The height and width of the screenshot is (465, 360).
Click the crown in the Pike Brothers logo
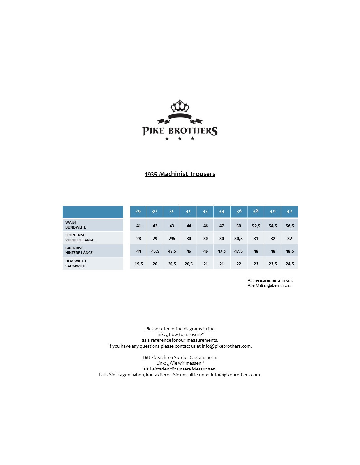click(180, 106)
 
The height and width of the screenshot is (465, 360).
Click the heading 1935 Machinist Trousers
click(180, 174)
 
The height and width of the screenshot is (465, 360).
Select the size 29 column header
click(138, 211)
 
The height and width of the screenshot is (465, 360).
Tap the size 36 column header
click(239, 211)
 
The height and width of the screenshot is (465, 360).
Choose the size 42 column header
click(289, 211)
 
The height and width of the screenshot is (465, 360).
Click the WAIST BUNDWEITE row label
click(76, 225)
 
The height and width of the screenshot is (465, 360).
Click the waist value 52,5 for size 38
click(256, 226)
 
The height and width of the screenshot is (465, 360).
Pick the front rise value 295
click(172, 239)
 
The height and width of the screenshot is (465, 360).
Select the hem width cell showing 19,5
click(139, 264)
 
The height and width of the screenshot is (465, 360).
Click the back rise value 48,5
click(290, 251)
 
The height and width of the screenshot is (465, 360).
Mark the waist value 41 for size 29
click(139, 226)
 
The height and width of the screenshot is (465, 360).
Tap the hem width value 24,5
click(290, 264)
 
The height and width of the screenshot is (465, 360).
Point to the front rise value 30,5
click(239, 239)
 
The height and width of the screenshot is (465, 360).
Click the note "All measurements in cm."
click(270, 280)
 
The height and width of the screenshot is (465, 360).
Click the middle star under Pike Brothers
click(180, 139)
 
